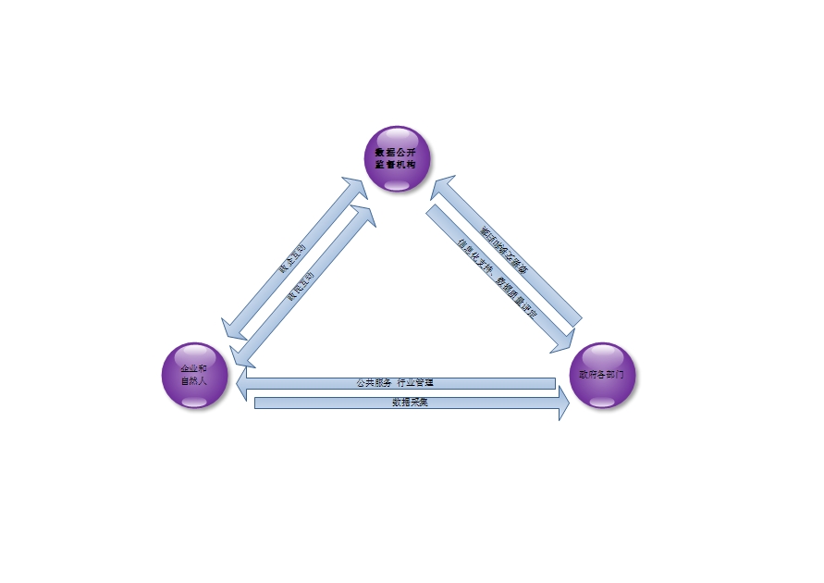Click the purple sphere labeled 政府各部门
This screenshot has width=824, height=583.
click(602, 376)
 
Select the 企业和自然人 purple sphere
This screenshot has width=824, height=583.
click(194, 376)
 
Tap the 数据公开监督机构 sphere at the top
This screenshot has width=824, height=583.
click(396, 158)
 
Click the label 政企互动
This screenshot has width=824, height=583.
click(292, 259)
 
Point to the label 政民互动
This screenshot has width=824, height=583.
click(301, 286)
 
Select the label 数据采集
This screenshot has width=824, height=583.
click(410, 403)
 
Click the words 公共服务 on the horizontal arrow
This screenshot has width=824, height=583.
click(375, 382)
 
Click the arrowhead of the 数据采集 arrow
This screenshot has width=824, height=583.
click(562, 403)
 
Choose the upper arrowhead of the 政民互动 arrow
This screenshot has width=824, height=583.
click(364, 215)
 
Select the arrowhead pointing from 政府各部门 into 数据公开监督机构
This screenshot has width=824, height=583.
click(441, 186)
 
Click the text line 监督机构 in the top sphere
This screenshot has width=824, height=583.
click(396, 164)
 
